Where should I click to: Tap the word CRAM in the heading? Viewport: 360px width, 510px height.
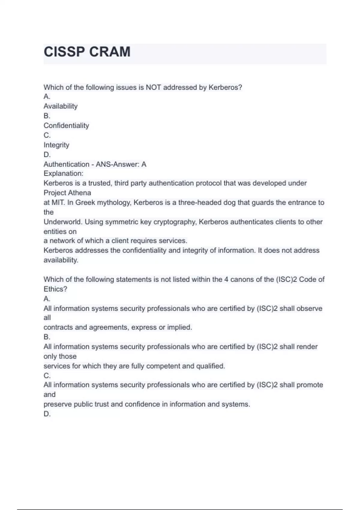[110, 52]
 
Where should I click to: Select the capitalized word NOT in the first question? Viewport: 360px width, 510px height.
[153, 87]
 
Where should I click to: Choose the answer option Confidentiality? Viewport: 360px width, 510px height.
[66, 125]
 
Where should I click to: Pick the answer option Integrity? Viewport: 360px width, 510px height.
[56, 145]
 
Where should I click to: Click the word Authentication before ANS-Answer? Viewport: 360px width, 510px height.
[66, 164]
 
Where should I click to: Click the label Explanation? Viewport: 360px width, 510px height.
[63, 173]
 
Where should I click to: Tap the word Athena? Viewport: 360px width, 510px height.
[80, 193]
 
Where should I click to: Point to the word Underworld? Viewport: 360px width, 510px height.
[63, 222]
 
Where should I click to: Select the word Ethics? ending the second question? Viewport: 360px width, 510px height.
[55, 289]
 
